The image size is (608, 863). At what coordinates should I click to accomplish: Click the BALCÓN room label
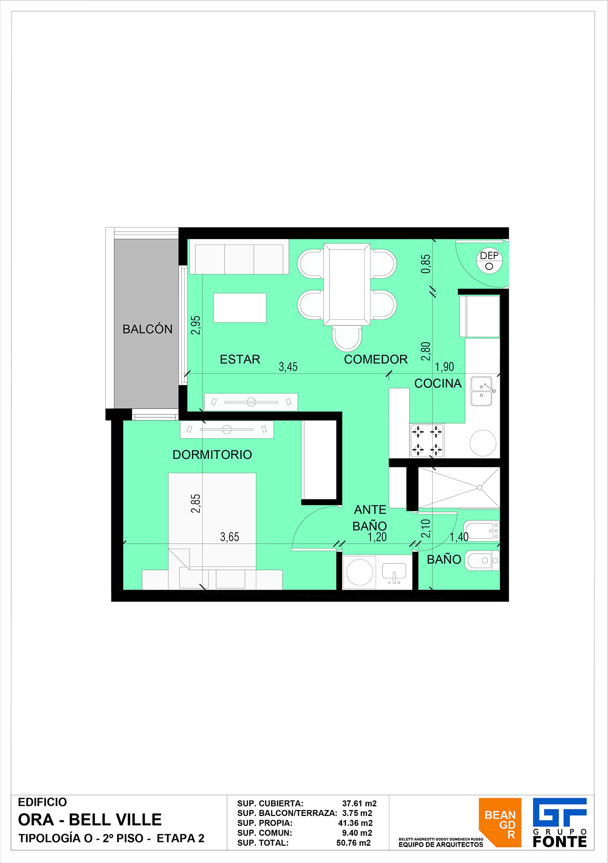pos(147,329)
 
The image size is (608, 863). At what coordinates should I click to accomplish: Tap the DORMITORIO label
pos(212,455)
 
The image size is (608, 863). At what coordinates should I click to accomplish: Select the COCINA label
pos(438,383)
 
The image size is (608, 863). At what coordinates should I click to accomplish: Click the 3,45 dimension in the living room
pos(288,367)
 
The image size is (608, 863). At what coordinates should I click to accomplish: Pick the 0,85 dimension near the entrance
pos(425,264)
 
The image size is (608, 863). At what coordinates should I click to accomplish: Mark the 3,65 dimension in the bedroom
pos(230,537)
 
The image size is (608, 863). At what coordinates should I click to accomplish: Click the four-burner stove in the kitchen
pos(427,440)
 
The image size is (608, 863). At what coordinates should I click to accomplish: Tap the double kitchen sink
pos(482,391)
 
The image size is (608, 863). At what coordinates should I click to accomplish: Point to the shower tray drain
pos(479,488)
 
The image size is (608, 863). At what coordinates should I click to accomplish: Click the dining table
pos(347,284)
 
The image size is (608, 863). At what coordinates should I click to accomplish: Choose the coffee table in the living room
pos(240,307)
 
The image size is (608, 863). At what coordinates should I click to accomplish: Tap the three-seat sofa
pos(239,256)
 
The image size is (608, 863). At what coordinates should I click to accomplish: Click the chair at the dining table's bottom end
pos(347,339)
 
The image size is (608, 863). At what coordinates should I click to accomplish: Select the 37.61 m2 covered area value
pos(360,804)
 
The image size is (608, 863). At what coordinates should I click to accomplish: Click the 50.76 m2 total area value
pos(354,843)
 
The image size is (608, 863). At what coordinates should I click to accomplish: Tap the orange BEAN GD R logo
pos(500,822)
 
